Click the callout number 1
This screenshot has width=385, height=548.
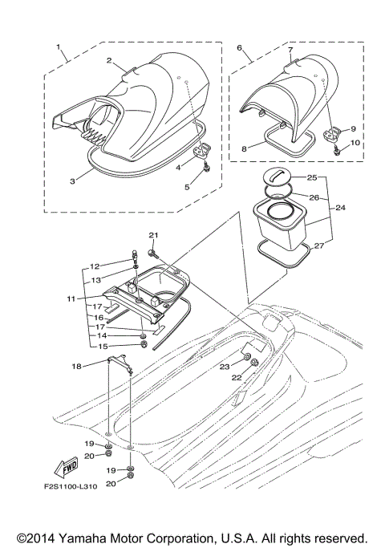(59, 47)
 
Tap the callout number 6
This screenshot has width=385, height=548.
(240, 47)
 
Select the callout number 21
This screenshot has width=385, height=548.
(153, 234)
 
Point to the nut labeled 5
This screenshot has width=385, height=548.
(207, 168)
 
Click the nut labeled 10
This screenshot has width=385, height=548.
(338, 149)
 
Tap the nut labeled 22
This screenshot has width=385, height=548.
(253, 363)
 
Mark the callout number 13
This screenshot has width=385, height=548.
(95, 280)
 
